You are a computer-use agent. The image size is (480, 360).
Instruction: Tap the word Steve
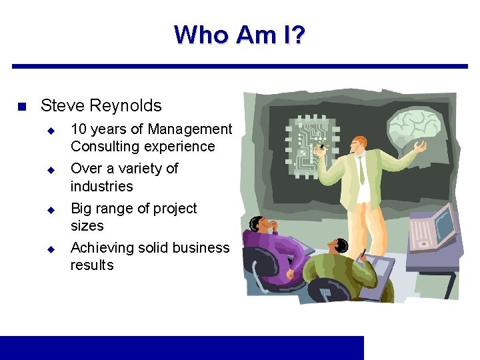click(63, 106)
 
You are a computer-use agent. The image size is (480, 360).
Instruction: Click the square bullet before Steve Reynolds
click(21, 107)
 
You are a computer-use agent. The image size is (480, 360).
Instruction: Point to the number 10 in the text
click(78, 129)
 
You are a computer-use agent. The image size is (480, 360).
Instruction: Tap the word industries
click(101, 187)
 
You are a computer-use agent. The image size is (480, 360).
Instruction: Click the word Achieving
click(103, 248)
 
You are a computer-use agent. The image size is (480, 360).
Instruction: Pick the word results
click(92, 265)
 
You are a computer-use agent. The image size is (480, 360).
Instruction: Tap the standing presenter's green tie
click(361, 171)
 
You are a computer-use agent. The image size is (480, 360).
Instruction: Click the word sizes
click(87, 226)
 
